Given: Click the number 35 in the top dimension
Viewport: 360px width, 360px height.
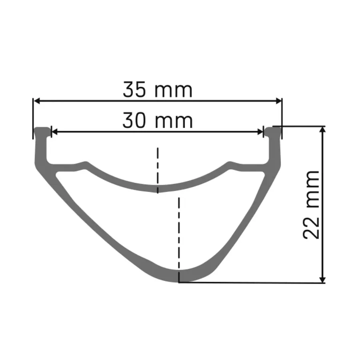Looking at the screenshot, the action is coord(134,90).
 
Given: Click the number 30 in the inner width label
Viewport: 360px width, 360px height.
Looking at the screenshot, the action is coord(134,120).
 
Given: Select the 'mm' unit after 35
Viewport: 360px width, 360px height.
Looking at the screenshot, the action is coord(174,91).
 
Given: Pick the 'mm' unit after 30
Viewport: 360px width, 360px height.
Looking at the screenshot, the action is coord(174,122).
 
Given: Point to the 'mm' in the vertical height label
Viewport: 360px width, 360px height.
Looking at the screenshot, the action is coord(313,189).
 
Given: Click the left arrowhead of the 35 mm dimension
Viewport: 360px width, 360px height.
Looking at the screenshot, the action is coord(37,101).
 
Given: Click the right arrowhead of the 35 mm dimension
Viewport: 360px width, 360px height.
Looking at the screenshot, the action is coord(278,101).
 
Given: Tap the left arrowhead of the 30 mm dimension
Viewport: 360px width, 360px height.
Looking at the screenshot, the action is coord(55,132).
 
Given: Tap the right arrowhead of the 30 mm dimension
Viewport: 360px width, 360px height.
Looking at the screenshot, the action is coord(260,132).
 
